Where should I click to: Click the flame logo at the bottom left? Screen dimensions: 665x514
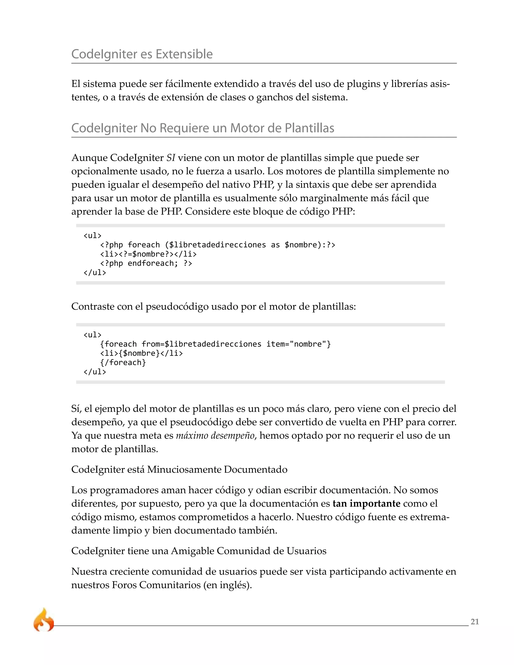(43, 620)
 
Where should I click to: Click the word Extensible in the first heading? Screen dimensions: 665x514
(184, 54)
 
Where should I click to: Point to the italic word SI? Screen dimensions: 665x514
(170, 158)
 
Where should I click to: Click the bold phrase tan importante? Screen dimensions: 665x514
(366, 503)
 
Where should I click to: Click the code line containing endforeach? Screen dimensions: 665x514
(146, 263)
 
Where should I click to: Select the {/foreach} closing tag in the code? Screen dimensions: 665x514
(123, 362)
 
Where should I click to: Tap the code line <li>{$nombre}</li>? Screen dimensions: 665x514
(142, 353)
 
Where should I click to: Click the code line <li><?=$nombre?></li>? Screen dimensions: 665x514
(148, 254)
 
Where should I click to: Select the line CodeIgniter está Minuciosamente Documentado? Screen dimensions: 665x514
(179, 470)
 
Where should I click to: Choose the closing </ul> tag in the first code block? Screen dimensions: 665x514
(95, 273)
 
